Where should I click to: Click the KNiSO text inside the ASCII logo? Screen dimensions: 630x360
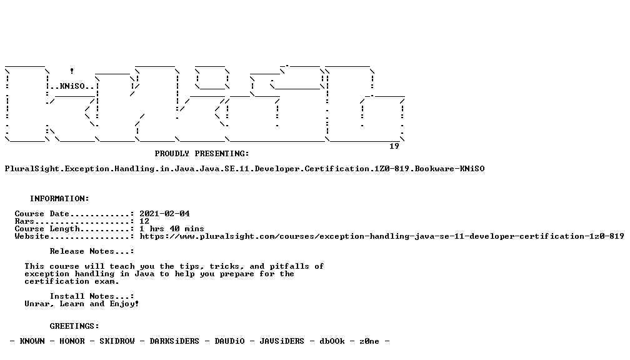pyautogui.click(x=72, y=86)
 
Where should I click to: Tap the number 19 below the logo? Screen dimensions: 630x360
pyautogui.click(x=394, y=146)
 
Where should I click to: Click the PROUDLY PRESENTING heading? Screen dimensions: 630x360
pyautogui.click(x=202, y=154)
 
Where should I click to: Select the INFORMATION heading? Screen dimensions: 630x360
pyautogui.click(x=59, y=199)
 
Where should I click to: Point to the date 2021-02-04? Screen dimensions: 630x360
pyautogui.click(x=165, y=214)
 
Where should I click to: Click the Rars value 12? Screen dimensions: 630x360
pyautogui.click(x=144, y=221)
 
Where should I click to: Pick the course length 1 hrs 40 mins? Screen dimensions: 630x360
pyautogui.click(x=172, y=229)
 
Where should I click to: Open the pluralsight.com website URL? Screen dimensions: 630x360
pyautogui.click(x=382, y=236)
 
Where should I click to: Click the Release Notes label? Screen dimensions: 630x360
pyautogui.click(x=92, y=251)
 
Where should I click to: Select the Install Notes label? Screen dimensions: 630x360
pyautogui.click(x=92, y=296)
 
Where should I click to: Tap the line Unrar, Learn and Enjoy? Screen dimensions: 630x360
pyautogui.click(x=81, y=304)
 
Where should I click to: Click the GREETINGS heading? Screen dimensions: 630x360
pyautogui.click(x=74, y=326)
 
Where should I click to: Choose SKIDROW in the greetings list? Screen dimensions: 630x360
pyautogui.click(x=117, y=341)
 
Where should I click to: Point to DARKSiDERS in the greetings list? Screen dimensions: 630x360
pyautogui.click(x=174, y=341)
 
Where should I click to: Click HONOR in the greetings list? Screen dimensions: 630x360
pyautogui.click(x=72, y=341)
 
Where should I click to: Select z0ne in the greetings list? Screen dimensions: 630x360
pyautogui.click(x=369, y=341)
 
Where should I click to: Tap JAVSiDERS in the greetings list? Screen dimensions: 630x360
pyautogui.click(x=282, y=341)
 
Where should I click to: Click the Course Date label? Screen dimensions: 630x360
pyautogui.click(x=42, y=214)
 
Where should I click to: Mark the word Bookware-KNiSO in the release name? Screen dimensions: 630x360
pyautogui.click(x=449, y=169)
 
